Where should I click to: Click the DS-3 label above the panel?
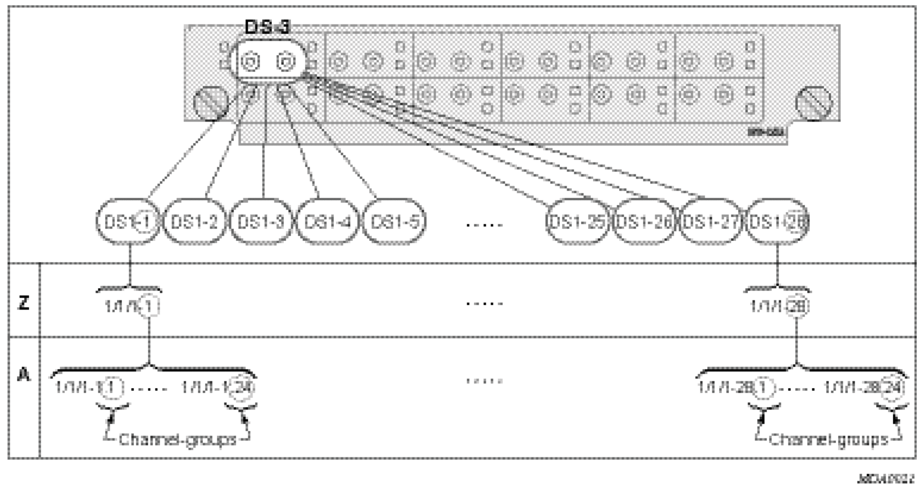(267, 27)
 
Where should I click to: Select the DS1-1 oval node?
(127, 222)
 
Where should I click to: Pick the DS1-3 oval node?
(261, 222)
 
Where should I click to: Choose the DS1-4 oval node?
(327, 222)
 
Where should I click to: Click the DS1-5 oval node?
(394, 222)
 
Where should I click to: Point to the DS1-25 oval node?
(578, 222)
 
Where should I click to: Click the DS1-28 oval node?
(777, 222)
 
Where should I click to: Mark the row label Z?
(23, 303)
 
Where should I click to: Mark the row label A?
(23, 375)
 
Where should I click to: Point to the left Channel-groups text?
(177, 440)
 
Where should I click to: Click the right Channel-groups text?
(828, 440)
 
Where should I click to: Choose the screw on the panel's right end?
(815, 104)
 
